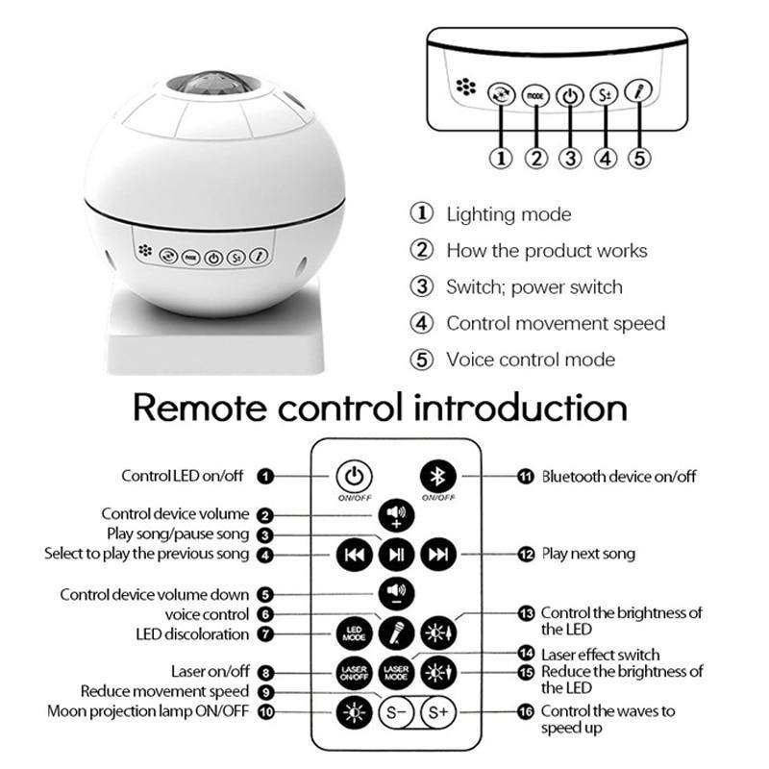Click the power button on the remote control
(x=354, y=476)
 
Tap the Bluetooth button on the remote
(x=437, y=476)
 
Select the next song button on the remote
(x=438, y=554)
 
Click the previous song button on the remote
(x=354, y=554)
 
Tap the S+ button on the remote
(x=438, y=712)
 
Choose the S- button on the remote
(x=394, y=712)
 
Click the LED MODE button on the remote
(x=353, y=633)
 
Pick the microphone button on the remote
(x=396, y=633)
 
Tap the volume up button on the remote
(x=396, y=514)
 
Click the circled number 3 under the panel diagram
(x=570, y=159)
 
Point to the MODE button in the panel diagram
(x=535, y=96)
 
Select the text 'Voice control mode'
(x=531, y=360)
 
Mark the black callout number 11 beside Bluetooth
(x=525, y=476)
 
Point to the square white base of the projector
(x=213, y=336)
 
